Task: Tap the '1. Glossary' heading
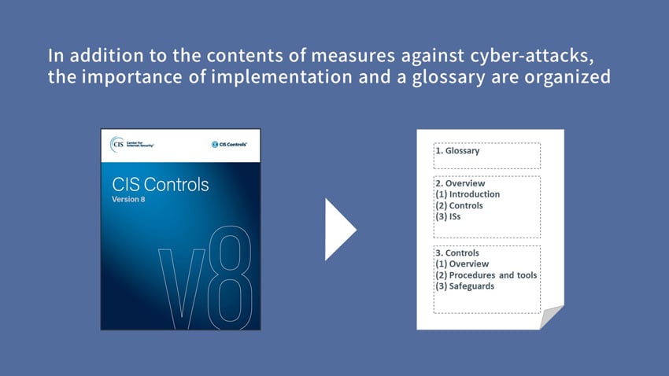[456, 150]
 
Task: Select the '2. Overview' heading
[460, 183]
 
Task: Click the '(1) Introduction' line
[467, 194]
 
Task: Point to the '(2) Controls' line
[459, 205]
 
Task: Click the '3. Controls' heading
[456, 253]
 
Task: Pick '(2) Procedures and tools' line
[486, 275]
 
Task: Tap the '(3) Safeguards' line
[464, 286]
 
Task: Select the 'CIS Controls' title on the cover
[161, 186]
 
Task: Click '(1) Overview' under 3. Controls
[461, 264]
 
